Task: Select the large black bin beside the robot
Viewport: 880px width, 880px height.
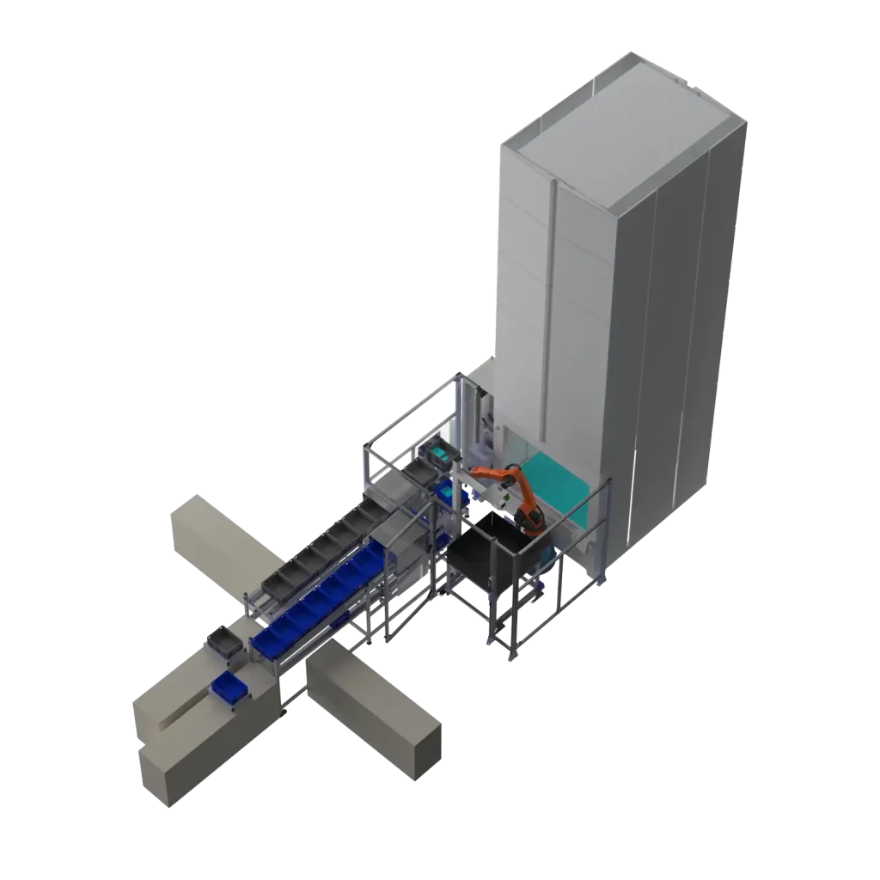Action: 490,550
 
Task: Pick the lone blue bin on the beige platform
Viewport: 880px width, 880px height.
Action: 229,687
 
